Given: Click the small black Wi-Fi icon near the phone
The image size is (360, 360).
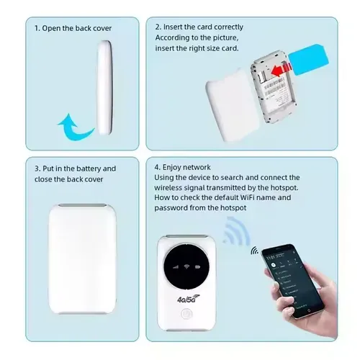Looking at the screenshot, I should point(255,251).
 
